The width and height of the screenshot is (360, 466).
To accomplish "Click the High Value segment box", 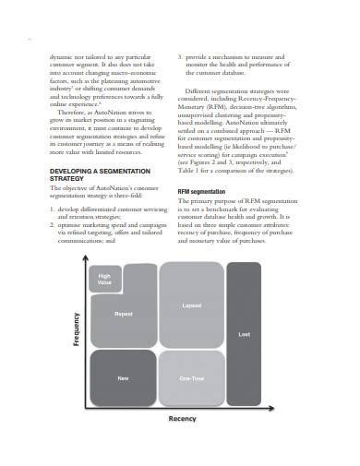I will [104, 279].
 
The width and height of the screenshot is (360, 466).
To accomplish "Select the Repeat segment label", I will [124, 314].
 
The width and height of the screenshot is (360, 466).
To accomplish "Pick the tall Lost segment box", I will [244, 334].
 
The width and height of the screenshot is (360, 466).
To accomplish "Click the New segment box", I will [122, 379].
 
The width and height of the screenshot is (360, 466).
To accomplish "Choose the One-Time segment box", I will [191, 379].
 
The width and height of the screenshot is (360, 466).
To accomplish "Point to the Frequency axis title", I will [78, 329].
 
